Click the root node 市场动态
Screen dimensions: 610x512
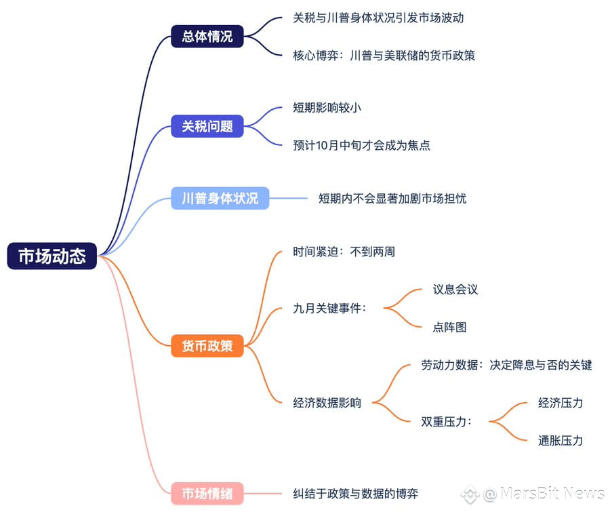point(52,256)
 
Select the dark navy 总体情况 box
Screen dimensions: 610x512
point(207,36)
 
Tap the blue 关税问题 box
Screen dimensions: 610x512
point(207,126)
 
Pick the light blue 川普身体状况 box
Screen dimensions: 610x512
point(220,198)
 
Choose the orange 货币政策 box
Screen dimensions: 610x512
point(207,346)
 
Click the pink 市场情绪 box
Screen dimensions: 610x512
point(207,493)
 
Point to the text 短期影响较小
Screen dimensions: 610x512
point(327,107)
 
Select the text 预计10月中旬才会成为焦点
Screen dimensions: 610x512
point(361,145)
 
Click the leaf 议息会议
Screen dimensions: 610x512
point(455,290)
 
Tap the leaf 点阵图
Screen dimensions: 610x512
point(449,327)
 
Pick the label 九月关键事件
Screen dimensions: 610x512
point(329,309)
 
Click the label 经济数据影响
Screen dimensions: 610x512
point(327,403)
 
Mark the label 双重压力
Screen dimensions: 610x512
point(446,422)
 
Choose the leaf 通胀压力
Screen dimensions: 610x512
point(561,441)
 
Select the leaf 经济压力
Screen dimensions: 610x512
point(561,403)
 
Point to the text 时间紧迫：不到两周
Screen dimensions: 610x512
point(344,252)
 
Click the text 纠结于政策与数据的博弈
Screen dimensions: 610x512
point(356,494)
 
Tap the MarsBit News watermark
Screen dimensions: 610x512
point(533,494)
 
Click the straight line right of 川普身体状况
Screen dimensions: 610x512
point(288,198)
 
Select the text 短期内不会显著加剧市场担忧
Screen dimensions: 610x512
point(392,199)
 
